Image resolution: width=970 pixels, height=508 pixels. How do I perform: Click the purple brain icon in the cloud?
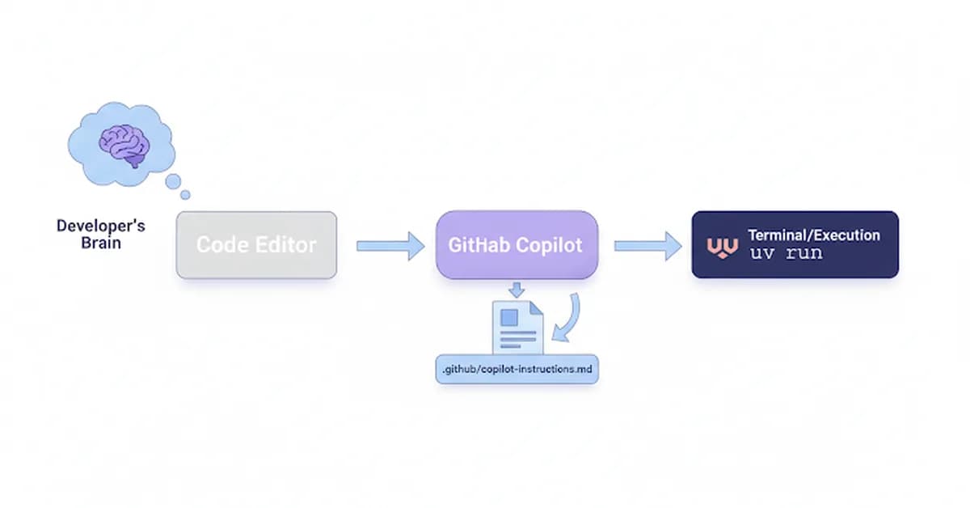click(124, 146)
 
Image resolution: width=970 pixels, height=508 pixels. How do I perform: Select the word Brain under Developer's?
click(101, 242)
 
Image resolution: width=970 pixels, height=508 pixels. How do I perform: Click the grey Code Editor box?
click(256, 245)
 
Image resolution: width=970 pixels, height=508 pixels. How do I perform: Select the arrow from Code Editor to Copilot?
click(390, 245)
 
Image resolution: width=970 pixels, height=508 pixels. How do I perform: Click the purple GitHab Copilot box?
click(517, 245)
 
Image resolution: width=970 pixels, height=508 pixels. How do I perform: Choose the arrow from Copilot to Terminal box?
click(647, 245)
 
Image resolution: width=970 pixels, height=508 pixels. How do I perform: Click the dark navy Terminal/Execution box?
click(795, 244)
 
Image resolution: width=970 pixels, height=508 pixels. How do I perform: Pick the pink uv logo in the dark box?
click(722, 246)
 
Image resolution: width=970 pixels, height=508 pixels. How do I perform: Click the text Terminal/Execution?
click(813, 235)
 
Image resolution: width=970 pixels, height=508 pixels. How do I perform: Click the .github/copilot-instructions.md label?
click(517, 369)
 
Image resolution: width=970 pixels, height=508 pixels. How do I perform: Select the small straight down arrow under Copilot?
click(516, 289)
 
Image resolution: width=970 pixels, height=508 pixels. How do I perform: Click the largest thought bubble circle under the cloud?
click(173, 181)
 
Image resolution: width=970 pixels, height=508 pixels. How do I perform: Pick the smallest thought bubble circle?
click(185, 194)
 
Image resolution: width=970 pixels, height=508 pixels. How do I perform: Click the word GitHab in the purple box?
click(479, 245)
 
